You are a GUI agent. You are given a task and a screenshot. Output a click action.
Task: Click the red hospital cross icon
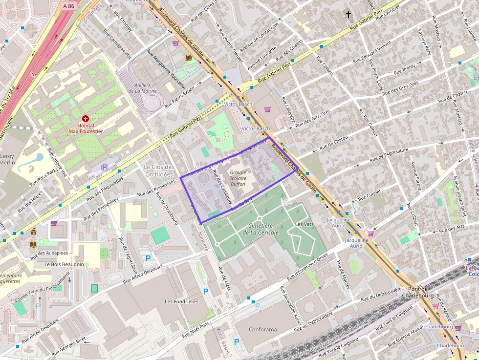pos(86,119)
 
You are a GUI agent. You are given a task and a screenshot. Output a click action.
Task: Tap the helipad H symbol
pos(104,167)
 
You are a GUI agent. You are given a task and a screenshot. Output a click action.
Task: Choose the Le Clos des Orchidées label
pos(159,170)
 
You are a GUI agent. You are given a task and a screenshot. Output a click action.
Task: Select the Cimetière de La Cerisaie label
pos(257,229)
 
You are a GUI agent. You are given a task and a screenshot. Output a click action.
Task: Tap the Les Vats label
pos(305,224)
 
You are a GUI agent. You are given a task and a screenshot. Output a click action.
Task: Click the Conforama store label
pos(262,329)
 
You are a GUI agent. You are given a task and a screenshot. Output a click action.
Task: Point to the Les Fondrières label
pos(182,301)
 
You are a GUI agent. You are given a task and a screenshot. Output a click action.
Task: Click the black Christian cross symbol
pos(348,14)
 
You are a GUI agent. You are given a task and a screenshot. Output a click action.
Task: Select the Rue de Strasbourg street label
pos(166,208)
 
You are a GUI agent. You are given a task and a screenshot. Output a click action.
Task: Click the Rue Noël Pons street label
pos(196,330)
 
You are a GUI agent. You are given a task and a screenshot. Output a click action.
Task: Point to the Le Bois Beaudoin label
pos(64,264)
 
